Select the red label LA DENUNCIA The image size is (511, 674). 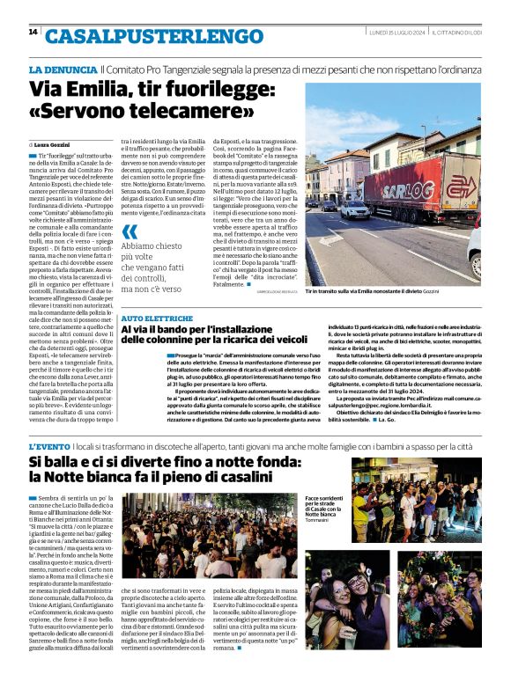pos(63,70)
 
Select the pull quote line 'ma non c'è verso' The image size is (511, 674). pos(159,289)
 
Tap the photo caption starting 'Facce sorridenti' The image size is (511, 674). pos(324,502)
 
